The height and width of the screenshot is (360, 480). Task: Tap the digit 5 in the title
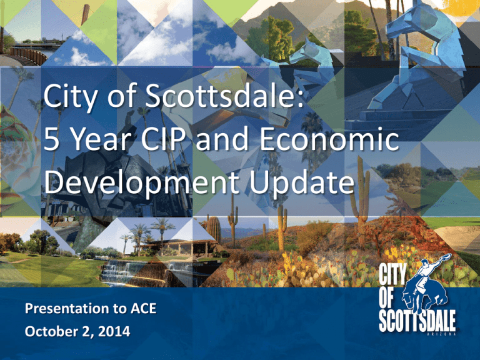click(51, 139)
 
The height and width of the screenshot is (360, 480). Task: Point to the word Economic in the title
click(329, 139)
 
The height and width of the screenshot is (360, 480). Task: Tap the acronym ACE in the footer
click(144, 308)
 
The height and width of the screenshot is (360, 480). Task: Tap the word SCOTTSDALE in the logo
click(417, 321)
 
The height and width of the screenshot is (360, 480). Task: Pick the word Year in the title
click(100, 139)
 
